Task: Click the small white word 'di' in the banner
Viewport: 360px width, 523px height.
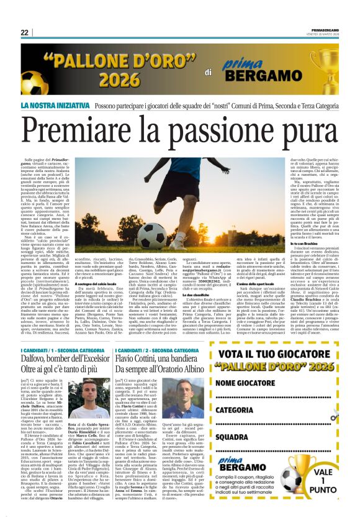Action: point(209,73)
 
